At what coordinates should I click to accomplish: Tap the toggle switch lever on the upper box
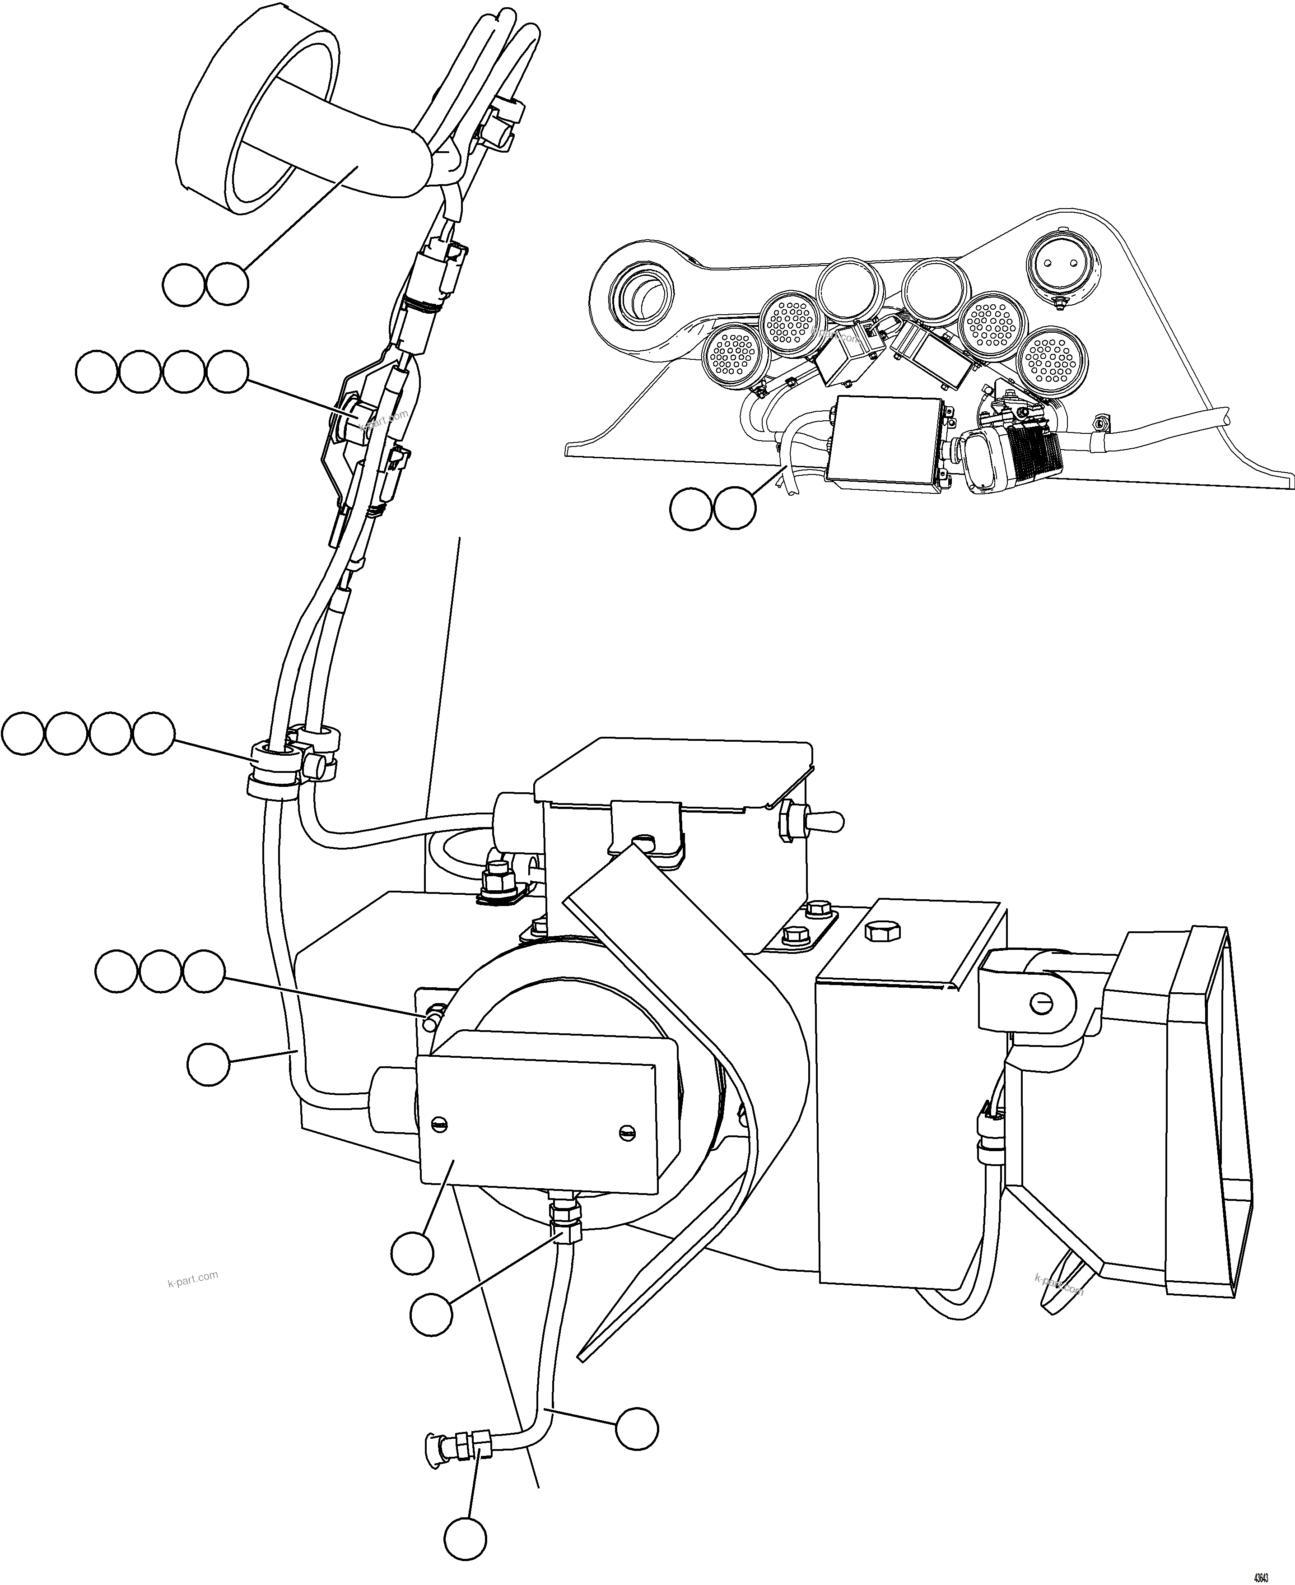829,822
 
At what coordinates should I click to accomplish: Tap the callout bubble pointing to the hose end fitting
466,1538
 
